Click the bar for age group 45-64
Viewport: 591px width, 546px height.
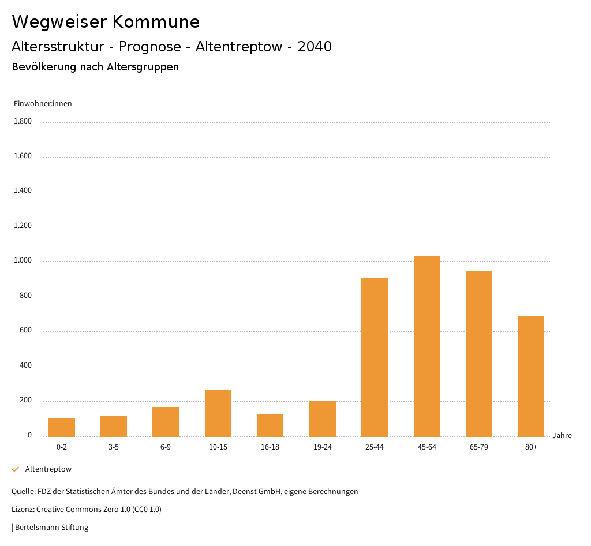(x=427, y=346)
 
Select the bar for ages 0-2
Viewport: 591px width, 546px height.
(x=62, y=427)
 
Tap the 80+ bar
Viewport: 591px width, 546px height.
(x=531, y=376)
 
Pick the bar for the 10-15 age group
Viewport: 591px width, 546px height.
(x=218, y=413)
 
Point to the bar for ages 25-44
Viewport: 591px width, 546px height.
(x=375, y=357)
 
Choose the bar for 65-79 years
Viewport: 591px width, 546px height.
(x=479, y=354)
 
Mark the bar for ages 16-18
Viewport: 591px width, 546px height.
(x=270, y=425)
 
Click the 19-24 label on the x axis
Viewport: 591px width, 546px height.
(x=322, y=447)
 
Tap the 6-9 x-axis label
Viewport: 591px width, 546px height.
(x=166, y=447)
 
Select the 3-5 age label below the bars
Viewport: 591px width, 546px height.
(x=114, y=447)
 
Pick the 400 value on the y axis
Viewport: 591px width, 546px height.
(x=26, y=366)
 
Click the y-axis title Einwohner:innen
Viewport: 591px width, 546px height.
(x=43, y=104)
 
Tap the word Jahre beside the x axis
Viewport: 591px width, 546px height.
(x=562, y=436)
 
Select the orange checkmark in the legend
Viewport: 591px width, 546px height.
(x=16, y=469)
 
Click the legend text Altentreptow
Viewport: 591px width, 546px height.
(x=48, y=469)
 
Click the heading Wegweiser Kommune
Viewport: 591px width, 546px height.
(x=106, y=22)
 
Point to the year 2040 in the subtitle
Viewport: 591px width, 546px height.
(x=315, y=47)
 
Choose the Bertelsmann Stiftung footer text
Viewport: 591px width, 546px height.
(x=51, y=528)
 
